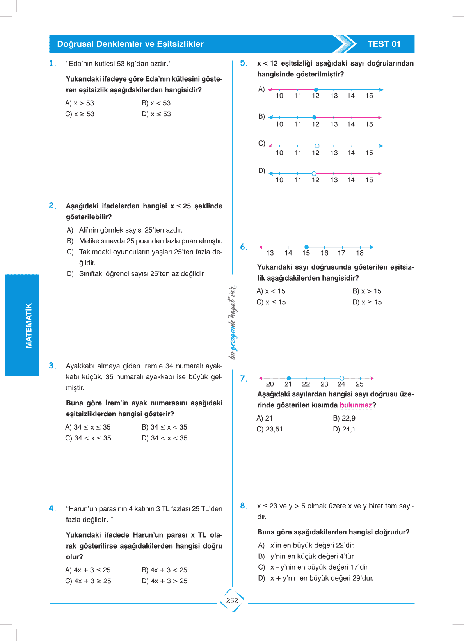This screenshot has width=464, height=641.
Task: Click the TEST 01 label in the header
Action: point(384,44)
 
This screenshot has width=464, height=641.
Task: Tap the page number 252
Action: point(232,600)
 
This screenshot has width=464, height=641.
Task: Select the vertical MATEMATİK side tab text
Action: point(28,325)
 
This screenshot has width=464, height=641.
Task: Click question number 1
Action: point(52,64)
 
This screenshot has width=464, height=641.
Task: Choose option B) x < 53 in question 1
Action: point(156,103)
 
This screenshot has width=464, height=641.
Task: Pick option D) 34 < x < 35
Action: point(164,438)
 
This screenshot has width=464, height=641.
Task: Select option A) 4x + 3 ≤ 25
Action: point(88,570)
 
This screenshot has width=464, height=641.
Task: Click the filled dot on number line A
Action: point(316,90)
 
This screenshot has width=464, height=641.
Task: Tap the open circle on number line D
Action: point(314,174)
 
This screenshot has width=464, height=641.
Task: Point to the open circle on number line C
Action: point(317,146)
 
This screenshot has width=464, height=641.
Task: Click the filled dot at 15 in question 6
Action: point(307,247)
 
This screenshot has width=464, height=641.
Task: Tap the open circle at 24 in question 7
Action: point(342,378)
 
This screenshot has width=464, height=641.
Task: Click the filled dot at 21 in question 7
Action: point(289,378)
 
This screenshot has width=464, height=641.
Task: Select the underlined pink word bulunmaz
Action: point(356,405)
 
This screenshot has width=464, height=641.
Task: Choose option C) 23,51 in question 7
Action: point(269,429)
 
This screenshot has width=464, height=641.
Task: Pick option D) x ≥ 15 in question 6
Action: point(367,302)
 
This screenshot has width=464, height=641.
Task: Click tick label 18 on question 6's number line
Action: point(360,253)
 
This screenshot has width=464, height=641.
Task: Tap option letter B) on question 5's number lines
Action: point(261,116)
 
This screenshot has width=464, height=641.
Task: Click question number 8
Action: point(244,506)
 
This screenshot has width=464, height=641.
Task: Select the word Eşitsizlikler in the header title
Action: point(180,44)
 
